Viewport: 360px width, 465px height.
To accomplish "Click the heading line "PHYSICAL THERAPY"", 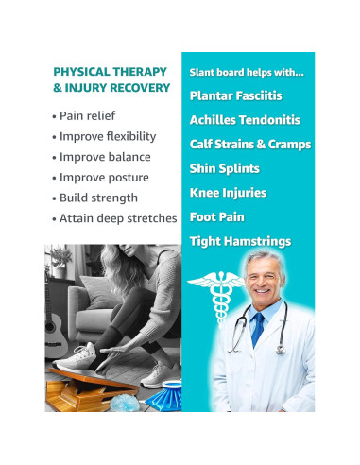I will click(x=111, y=71).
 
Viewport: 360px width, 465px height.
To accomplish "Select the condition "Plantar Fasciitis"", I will click(x=235, y=95).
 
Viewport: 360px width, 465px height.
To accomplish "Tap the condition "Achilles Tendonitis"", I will click(x=244, y=120).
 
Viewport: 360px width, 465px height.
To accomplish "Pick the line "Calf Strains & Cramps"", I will click(x=250, y=144).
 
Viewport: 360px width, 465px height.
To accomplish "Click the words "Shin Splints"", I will click(x=224, y=168).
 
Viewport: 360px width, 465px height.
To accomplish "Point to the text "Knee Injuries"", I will click(x=228, y=193).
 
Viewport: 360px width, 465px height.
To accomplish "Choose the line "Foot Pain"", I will click(x=215, y=216).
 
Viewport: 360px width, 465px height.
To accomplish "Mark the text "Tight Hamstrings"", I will click(x=240, y=241).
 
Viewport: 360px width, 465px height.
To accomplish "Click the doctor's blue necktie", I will click(x=257, y=331).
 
